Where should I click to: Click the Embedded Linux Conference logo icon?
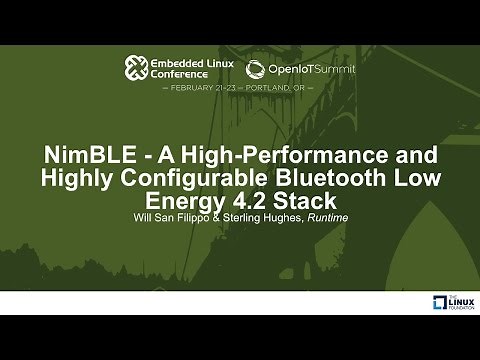(137, 68)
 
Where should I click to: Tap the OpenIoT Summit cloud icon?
(255, 69)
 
